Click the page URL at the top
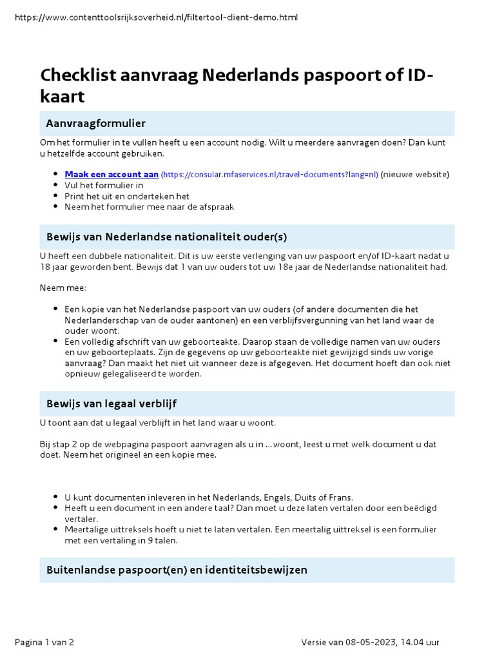[156, 17]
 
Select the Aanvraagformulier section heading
[95, 123]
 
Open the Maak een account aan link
[112, 175]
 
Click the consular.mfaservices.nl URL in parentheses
[269, 175]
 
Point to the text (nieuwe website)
[415, 175]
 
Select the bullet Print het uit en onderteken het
[126, 196]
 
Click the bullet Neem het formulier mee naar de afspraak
[149, 207]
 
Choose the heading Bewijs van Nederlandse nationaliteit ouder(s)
[166, 237]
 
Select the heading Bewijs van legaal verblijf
[112, 403]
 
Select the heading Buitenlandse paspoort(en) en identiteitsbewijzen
[177, 570]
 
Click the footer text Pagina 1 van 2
[44, 642]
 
